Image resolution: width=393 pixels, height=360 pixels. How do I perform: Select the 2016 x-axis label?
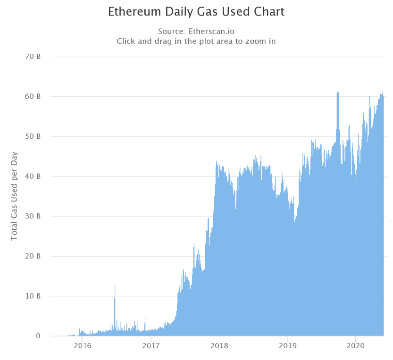(83, 345)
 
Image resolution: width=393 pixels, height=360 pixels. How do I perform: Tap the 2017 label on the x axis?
(151, 345)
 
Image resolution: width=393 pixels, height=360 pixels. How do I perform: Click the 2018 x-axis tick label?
(219, 345)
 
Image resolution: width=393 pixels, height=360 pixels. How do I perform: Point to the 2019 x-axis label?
(287, 345)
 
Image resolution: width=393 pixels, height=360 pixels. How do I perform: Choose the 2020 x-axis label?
(355, 345)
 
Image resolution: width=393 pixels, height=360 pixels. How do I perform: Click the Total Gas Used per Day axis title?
(14, 196)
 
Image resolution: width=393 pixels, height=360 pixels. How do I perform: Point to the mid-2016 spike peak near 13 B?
(115, 285)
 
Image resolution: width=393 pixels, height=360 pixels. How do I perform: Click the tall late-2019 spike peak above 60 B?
(338, 93)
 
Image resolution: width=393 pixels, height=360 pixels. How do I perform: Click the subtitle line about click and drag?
(196, 41)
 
